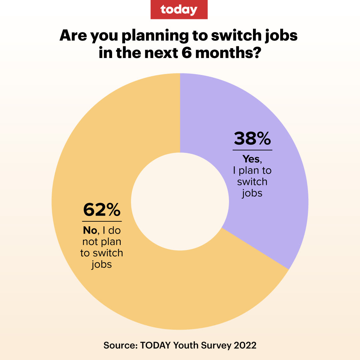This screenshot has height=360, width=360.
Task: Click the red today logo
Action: pyautogui.click(x=179, y=9)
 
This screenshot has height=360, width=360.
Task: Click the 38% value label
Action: pyautogui.click(x=252, y=138)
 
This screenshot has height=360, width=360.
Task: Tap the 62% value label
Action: pyautogui.click(x=102, y=210)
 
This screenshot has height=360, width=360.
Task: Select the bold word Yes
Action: pyautogui.click(x=251, y=159)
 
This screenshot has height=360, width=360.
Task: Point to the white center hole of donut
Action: pyautogui.click(x=180, y=202)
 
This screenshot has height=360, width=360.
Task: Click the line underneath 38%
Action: pyautogui.click(x=252, y=150)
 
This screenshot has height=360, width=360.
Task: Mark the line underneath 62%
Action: pyautogui.click(x=102, y=221)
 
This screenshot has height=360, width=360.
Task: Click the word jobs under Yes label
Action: pyautogui.click(x=252, y=193)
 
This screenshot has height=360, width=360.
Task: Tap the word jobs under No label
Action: pyautogui.click(x=101, y=264)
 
